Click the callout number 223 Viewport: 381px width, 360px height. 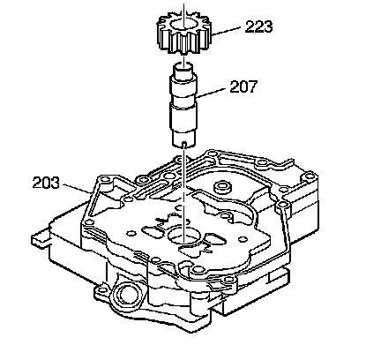pos(258,26)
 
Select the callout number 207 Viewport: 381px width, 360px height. pos(243,86)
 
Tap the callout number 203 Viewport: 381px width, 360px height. pos(46,183)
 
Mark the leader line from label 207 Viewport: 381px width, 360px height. pos(212,92)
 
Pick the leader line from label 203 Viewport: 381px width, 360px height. pos(77,189)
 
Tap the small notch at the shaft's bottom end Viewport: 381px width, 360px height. pos(184,144)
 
